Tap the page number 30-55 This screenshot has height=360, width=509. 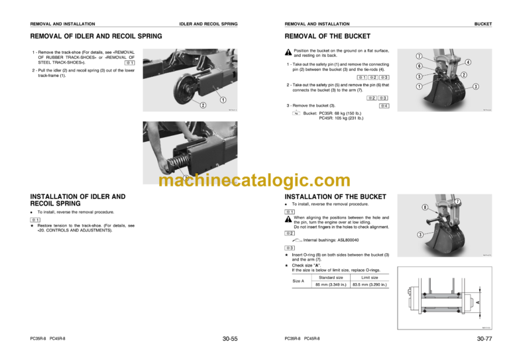[230, 339]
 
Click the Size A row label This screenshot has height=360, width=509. [298, 281]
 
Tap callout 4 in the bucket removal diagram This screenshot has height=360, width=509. [468, 62]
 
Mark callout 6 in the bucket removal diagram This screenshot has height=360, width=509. [419, 66]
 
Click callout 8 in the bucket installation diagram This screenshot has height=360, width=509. [425, 207]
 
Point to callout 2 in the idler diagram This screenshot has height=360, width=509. [203, 105]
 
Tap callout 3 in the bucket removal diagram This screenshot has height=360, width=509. [476, 87]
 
